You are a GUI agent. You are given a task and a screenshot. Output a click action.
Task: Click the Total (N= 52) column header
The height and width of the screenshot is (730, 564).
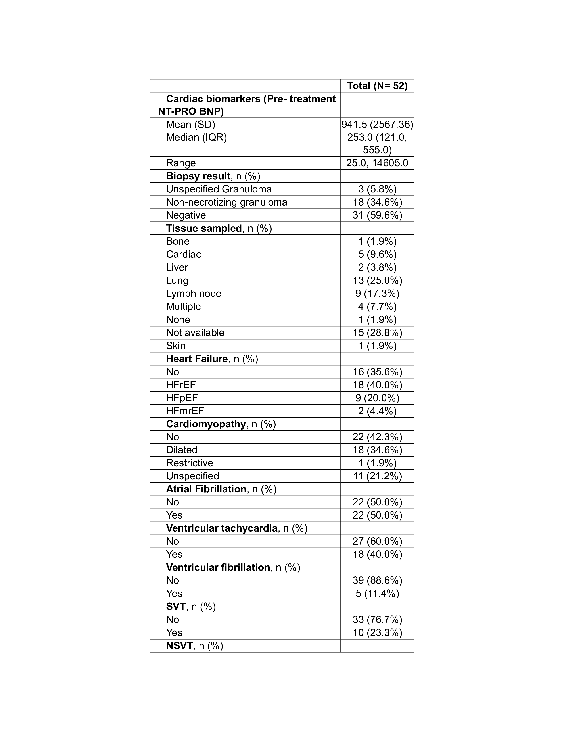point(377,86)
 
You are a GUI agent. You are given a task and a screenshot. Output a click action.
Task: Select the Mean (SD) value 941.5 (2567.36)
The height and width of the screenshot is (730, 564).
point(377,124)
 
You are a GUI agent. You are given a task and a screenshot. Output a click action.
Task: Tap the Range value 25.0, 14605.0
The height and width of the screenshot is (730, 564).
point(377,163)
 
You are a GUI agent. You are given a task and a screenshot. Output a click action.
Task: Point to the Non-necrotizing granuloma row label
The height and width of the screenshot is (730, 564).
point(226,202)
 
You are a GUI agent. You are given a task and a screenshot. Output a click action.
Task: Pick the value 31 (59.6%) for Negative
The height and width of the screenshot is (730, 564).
point(377,215)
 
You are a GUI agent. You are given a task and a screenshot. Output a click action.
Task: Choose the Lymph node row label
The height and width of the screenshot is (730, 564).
point(194,294)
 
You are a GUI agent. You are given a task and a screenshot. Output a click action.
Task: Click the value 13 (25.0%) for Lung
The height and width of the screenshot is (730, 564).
point(377,280)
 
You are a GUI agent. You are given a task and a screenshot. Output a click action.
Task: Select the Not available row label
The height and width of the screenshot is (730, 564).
point(195,332)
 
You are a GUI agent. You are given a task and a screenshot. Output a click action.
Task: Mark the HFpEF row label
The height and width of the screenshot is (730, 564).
point(182,398)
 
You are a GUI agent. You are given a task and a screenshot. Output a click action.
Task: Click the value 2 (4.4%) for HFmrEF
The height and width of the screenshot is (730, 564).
point(377,411)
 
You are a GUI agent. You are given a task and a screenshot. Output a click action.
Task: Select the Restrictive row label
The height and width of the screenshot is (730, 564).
point(190,463)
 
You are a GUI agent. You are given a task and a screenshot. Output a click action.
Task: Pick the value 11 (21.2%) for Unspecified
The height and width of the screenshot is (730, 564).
point(377,476)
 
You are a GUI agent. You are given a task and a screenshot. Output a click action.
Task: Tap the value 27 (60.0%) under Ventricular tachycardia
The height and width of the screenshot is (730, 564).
point(377,541)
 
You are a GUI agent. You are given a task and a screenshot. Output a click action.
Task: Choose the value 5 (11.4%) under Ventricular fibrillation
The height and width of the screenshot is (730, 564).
point(377,593)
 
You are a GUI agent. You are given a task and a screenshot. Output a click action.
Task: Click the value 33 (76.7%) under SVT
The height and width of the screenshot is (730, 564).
point(377,619)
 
